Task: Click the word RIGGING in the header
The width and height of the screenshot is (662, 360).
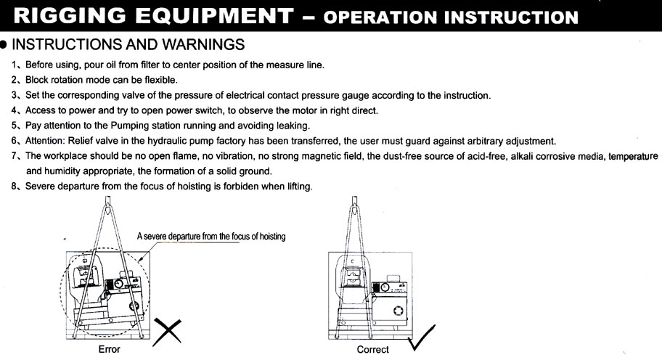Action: tap(70, 16)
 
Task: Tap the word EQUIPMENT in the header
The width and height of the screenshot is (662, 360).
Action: tap(214, 16)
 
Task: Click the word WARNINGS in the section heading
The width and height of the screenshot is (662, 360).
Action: tap(203, 44)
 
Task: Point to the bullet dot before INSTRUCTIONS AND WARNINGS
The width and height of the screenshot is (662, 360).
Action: tap(4, 45)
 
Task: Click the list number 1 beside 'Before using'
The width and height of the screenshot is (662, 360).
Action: tap(14, 65)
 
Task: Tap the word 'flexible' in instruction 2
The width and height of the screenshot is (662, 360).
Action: tap(160, 80)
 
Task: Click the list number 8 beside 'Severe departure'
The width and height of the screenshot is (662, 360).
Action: tap(14, 186)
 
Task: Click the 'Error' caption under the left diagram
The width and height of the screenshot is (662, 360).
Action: tap(110, 349)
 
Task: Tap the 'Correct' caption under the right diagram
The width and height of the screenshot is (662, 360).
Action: tap(373, 349)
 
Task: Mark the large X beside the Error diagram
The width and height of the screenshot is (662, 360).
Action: tap(167, 332)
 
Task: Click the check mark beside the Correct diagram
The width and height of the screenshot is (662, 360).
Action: tap(422, 338)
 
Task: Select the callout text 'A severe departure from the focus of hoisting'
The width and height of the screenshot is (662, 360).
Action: tap(211, 237)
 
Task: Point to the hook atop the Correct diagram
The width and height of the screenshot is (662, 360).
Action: tap(355, 204)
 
